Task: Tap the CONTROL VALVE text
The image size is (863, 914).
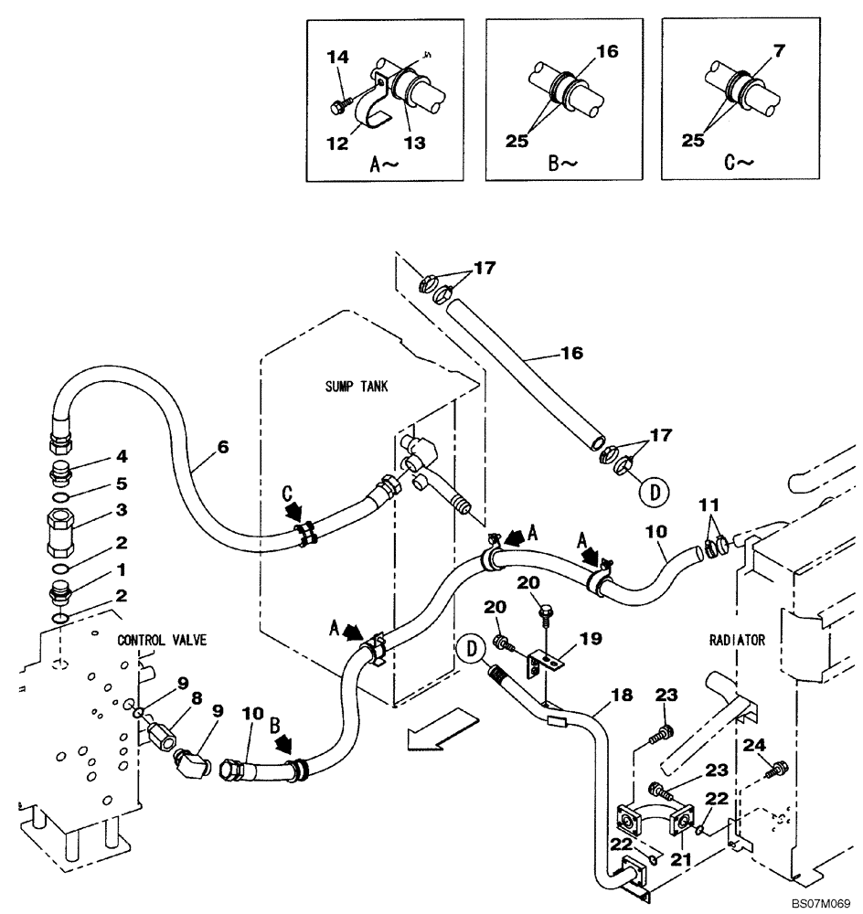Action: point(162,640)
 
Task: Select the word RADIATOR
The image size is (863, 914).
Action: point(737,641)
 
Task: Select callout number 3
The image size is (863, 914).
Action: point(120,508)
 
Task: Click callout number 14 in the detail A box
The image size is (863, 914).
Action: point(338,57)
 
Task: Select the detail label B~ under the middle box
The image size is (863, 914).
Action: point(563,164)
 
